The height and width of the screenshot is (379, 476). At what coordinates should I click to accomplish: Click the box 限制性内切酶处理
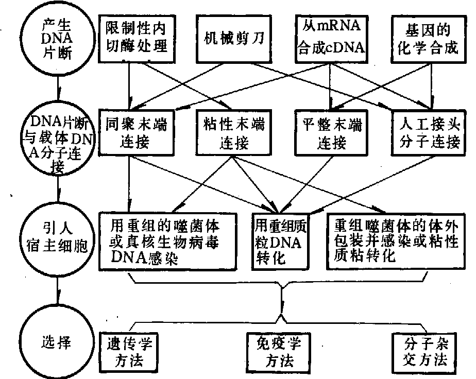[137, 37]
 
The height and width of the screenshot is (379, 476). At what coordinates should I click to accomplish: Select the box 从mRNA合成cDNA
[330, 37]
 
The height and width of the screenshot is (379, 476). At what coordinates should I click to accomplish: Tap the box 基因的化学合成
[426, 37]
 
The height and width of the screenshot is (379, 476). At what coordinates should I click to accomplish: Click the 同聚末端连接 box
[136, 133]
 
